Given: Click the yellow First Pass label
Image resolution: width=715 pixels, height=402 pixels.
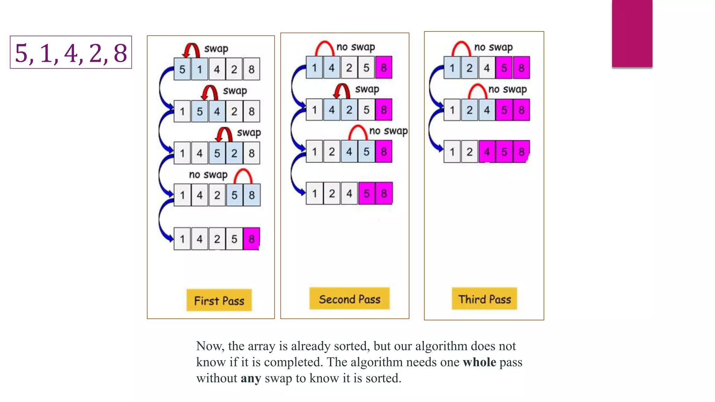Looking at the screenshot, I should pos(219,300).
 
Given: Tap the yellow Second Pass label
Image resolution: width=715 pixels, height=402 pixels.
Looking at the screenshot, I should pos(349,299).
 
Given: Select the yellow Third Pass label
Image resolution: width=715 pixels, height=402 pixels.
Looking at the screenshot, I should pos(484,299).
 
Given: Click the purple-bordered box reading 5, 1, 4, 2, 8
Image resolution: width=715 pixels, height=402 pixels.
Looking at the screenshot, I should pos(71,52).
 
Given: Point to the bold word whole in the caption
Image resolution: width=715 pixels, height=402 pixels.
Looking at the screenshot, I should pos(479,362).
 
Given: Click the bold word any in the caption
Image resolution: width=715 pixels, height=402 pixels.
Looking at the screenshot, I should pos(251,378).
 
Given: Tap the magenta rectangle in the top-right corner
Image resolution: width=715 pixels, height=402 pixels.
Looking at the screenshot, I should pos(632,33).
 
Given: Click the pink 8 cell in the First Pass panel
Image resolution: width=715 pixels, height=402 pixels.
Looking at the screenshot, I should pos(251,239).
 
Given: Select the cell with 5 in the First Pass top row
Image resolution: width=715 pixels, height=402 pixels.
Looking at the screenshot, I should pos(182,69).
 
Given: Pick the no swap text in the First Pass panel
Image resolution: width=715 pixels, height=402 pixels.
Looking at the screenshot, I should pos(208,174).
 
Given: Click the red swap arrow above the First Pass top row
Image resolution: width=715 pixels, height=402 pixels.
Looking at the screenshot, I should pos(191,50).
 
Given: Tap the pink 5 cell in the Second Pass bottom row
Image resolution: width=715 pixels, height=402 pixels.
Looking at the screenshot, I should pos(367,193).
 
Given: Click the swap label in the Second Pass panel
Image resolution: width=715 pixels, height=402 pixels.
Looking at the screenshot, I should pos(367,89).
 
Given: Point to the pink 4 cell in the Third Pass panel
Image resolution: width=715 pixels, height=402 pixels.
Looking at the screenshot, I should pos(487,152).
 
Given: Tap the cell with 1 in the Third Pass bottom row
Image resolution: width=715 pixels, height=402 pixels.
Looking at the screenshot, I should pos(452,152).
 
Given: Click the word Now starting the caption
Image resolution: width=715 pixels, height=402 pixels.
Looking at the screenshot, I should pos(210,346).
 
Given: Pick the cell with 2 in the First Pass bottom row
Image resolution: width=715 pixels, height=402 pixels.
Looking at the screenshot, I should pos(217,239).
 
